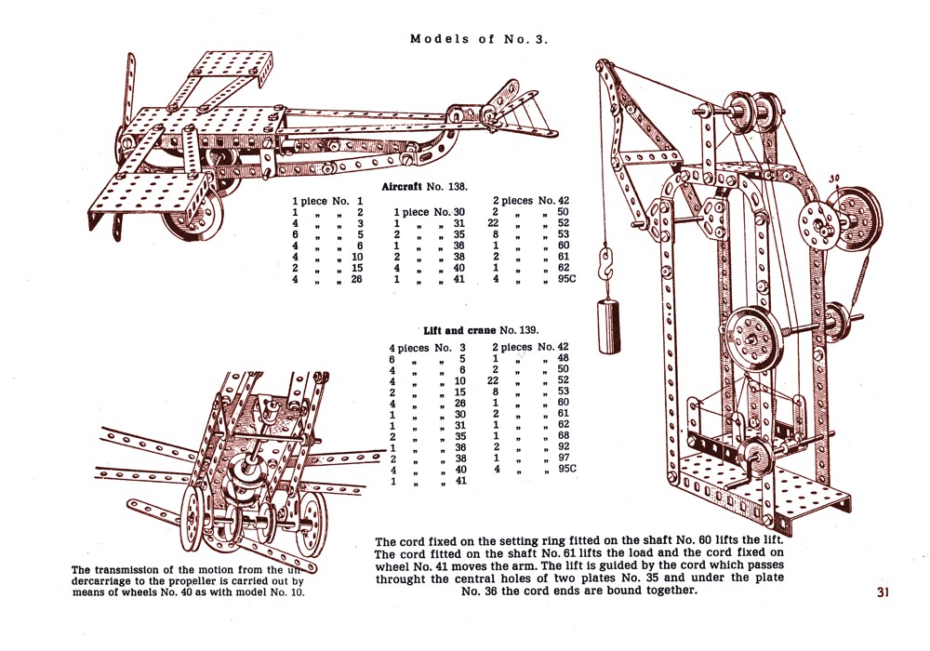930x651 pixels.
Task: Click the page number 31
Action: point(883,591)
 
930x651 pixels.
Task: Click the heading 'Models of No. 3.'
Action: point(480,39)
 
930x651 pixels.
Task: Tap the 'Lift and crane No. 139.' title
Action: point(480,330)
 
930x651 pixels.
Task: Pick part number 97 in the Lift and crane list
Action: point(563,457)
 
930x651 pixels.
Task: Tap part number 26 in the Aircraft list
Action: point(355,279)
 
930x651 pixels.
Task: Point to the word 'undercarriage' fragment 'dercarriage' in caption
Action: point(108,580)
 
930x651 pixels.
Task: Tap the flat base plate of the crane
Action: point(800,491)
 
